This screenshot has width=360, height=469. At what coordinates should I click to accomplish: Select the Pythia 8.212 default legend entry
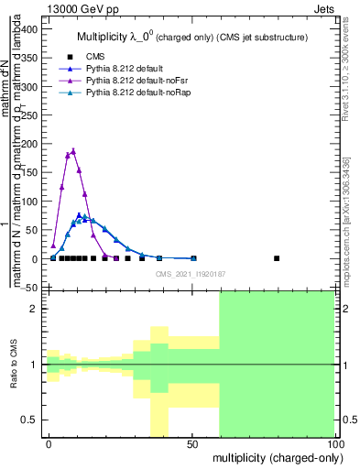[119, 69]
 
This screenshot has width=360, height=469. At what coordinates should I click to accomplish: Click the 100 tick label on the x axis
[334, 443]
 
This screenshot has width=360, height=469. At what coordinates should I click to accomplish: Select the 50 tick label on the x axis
[192, 443]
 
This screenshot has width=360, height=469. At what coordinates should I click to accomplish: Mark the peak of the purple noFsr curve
[73, 150]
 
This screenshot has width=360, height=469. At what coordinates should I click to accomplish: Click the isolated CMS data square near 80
[277, 258]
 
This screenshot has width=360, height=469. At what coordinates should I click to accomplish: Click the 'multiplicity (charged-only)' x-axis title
[273, 457]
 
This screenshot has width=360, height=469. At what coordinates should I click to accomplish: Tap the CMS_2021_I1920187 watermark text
[191, 274]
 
